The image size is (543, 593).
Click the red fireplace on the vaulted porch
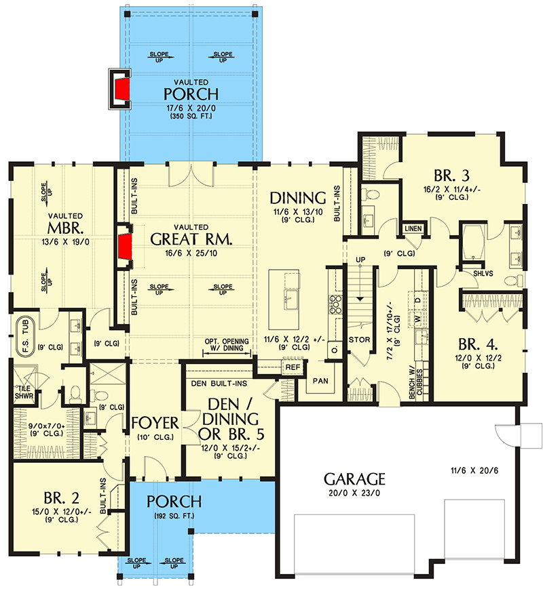tap(122, 88)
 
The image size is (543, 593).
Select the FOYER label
tap(155, 424)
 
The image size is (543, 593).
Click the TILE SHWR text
tap(25, 392)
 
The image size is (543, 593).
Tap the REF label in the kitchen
tap(293, 367)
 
